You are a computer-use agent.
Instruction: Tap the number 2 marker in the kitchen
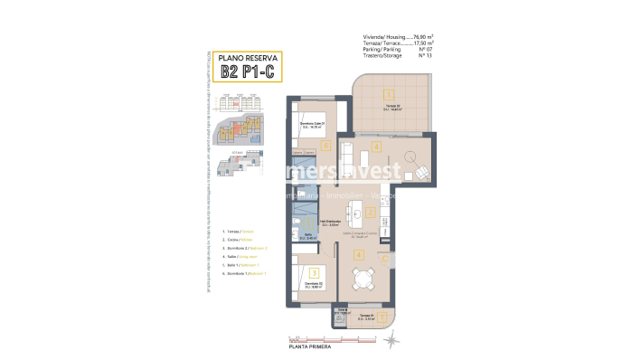pyautogui.click(x=371, y=213)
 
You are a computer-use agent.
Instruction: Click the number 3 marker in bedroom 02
pyautogui.click(x=313, y=270)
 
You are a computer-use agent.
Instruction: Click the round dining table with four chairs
pyautogui.click(x=361, y=282)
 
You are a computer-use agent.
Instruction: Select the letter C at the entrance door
pyautogui.click(x=385, y=259)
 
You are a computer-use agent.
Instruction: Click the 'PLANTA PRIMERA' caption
pyautogui.click(x=309, y=346)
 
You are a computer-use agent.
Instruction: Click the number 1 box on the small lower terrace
pyautogui.click(x=382, y=317)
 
